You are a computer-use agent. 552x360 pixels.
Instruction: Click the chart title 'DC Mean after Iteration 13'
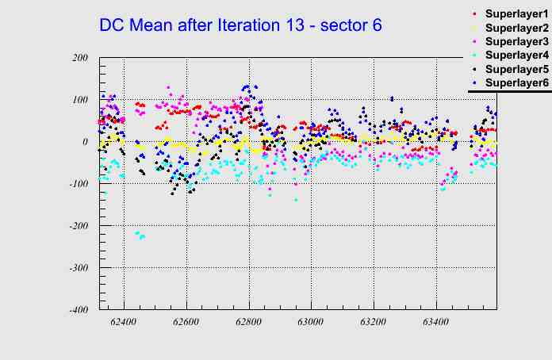pos(240,25)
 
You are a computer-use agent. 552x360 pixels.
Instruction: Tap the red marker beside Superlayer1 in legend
pos(475,15)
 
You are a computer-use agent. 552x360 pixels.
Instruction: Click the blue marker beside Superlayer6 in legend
pos(475,82)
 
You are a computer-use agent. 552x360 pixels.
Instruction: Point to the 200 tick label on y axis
pos(79,58)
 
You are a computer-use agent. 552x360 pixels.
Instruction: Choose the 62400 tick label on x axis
pos(124,323)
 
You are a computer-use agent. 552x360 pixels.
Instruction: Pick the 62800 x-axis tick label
pos(248,323)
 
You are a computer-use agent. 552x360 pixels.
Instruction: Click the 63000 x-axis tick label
pos(311,323)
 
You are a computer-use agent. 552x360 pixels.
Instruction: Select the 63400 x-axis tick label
pos(435,323)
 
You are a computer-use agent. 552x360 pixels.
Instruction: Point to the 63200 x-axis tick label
pos(373,323)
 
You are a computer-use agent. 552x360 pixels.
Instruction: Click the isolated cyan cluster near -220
pos(140,235)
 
